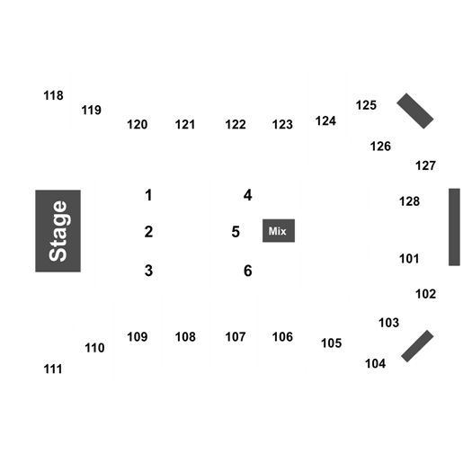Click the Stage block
coord(58,231)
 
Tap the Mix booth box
coord(279,230)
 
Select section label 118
coord(53,95)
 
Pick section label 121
coord(185,124)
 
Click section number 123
coord(282,124)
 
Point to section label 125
coord(366,105)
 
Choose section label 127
coord(425,165)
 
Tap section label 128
coord(409,201)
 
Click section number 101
coord(409,259)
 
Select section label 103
coord(388,323)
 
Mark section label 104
coord(376,363)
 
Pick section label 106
coord(282,337)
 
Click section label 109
coord(138,337)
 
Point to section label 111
coord(53,369)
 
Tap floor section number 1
coord(148,195)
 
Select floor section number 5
coord(236,232)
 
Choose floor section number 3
coord(148,271)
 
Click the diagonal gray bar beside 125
coord(415,111)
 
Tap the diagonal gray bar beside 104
coord(417,346)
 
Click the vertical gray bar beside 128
coord(455,227)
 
